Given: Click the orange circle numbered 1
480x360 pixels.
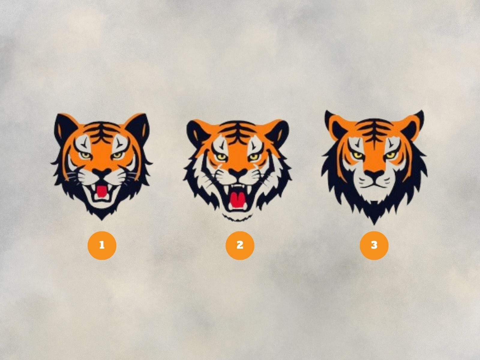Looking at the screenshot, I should click(x=102, y=245).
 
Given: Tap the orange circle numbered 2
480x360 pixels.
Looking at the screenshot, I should click(x=240, y=245).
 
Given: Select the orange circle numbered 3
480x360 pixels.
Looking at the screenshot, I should click(x=374, y=245).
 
